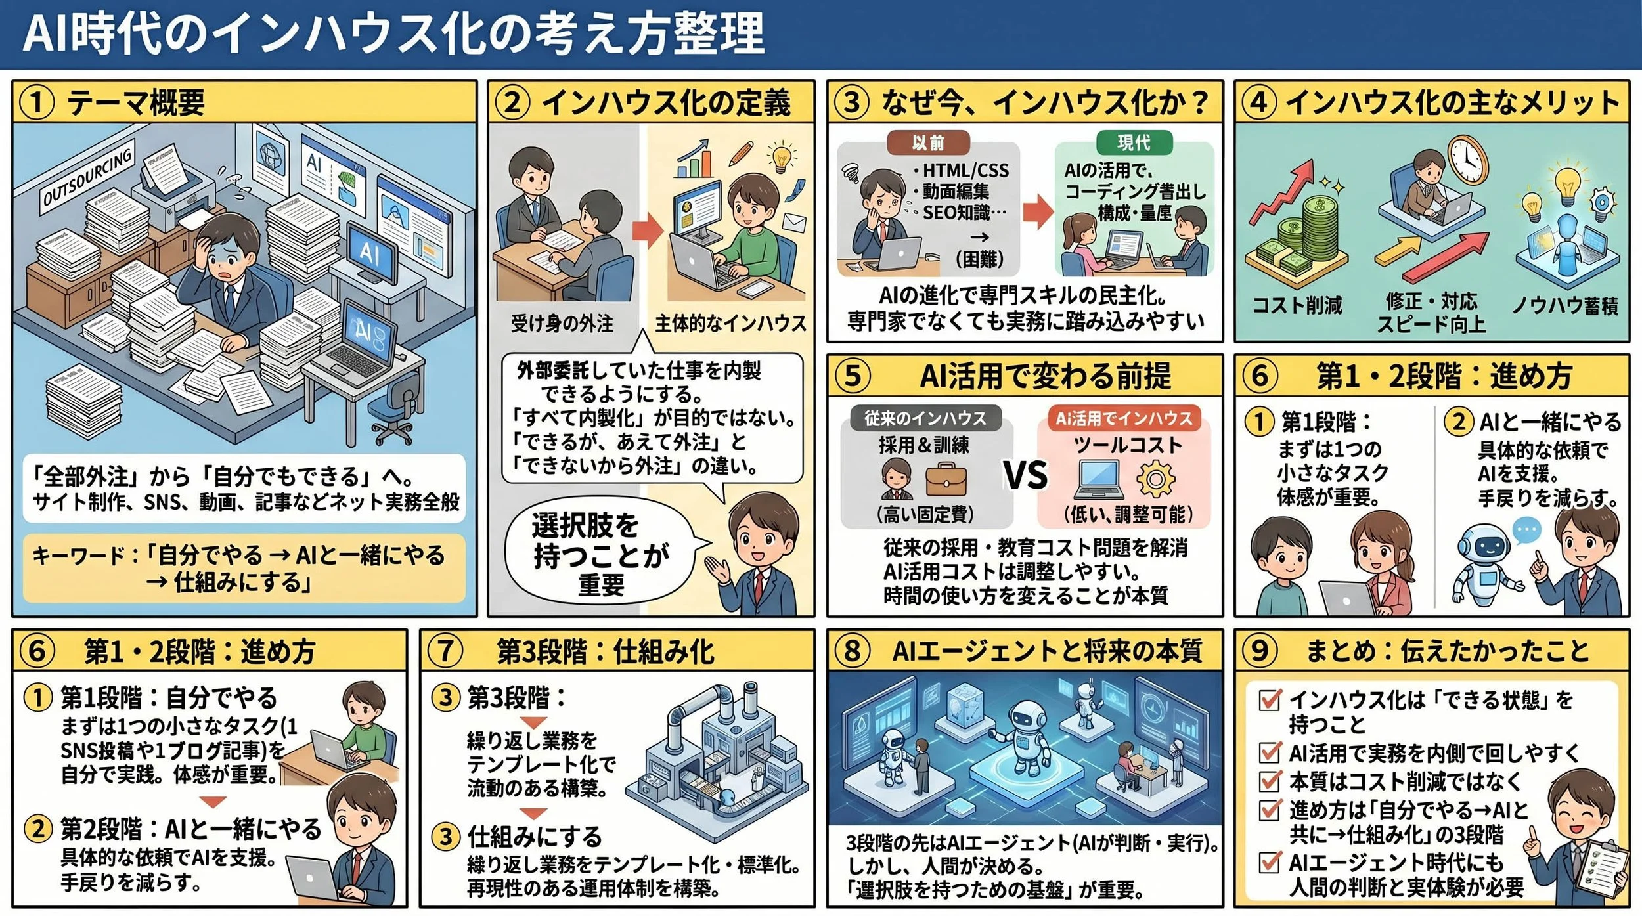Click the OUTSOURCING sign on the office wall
click(x=87, y=177)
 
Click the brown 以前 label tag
click(x=927, y=142)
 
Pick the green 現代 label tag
click(x=1134, y=142)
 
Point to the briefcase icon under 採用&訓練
click(x=946, y=479)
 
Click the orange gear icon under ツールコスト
click(x=1155, y=479)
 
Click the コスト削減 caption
click(x=1297, y=305)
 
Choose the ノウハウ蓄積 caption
click(x=1564, y=305)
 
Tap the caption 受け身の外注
click(x=562, y=323)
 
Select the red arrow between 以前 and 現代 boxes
click(x=1038, y=211)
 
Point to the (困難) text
click(x=979, y=259)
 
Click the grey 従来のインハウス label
click(x=925, y=418)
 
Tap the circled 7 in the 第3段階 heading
click(x=445, y=651)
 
